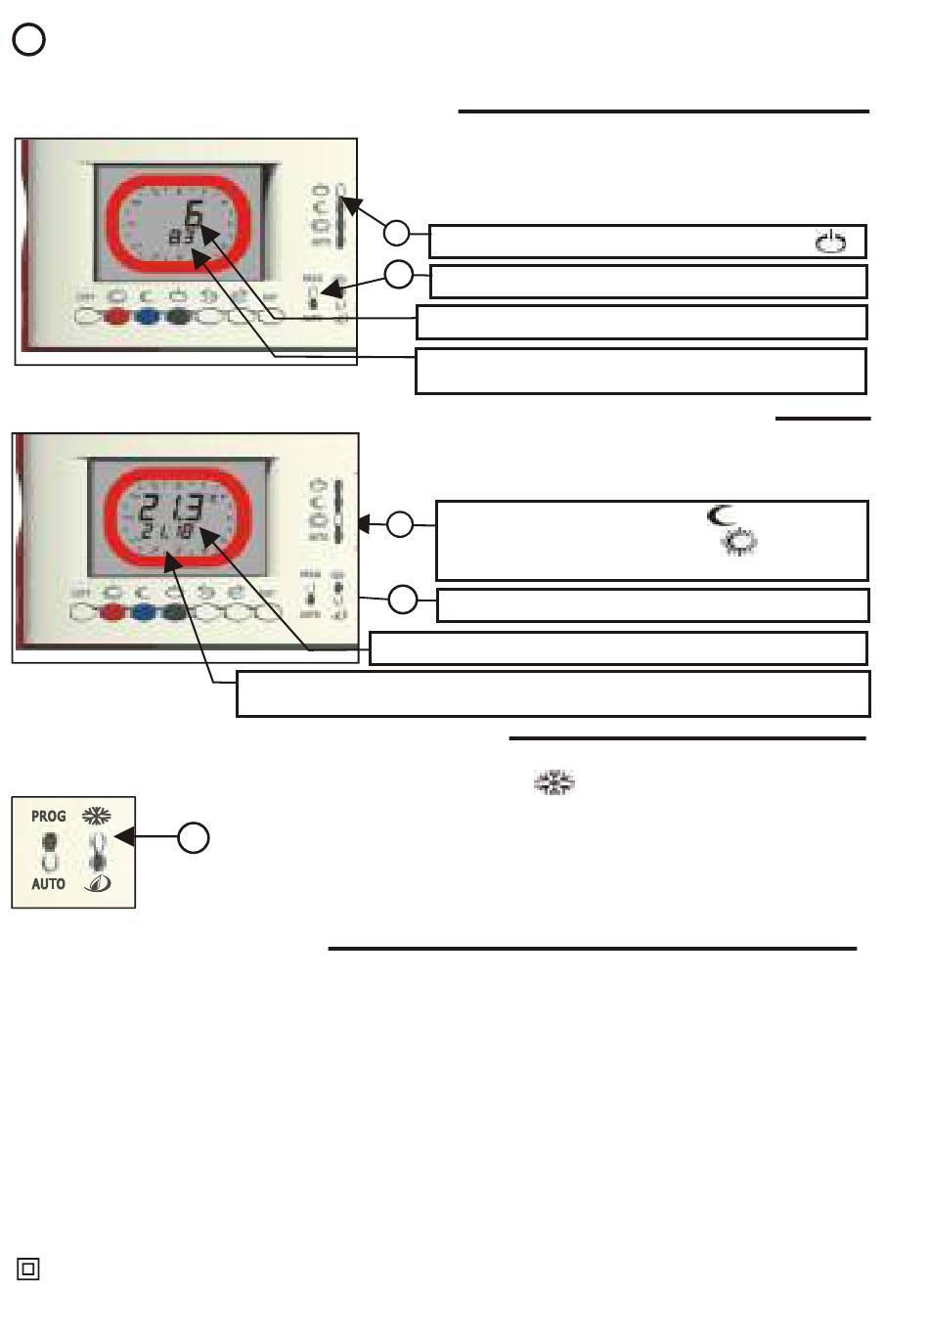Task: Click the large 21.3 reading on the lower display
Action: (172, 511)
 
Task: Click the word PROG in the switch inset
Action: (48, 816)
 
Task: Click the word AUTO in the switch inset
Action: (48, 884)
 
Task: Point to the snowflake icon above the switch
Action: (96, 815)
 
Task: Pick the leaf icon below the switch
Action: (96, 883)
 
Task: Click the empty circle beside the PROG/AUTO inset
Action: (194, 837)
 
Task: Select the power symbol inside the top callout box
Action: (830, 242)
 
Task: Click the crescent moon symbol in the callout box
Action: (722, 514)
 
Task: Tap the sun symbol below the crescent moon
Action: (740, 545)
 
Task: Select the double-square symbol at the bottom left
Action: (28, 1269)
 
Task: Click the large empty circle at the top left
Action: (29, 40)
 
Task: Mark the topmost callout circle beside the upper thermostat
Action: (396, 233)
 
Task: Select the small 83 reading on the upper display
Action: (179, 238)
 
